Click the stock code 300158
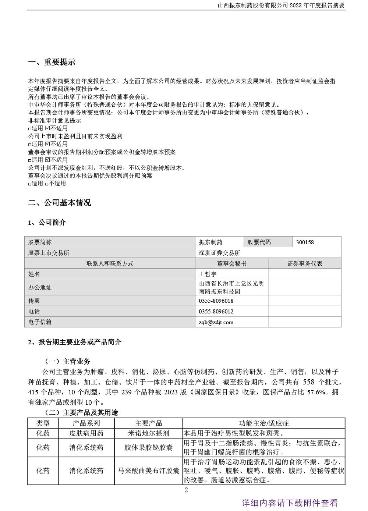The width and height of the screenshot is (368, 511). [x=305, y=242]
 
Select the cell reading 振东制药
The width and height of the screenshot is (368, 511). [x=210, y=242]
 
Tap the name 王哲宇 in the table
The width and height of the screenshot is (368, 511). [x=208, y=274]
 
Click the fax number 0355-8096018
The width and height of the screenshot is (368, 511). [x=216, y=301]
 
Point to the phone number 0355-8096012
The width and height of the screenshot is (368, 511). [x=216, y=311]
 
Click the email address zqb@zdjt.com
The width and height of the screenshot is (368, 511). [x=216, y=322]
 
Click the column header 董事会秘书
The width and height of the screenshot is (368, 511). [x=232, y=263]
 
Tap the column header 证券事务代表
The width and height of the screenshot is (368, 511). [x=304, y=263]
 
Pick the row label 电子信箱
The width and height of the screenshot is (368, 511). [x=40, y=322]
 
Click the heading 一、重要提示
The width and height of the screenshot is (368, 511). [x=52, y=62]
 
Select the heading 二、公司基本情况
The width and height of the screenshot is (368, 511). [x=59, y=202]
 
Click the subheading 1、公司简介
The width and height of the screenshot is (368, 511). [x=47, y=222]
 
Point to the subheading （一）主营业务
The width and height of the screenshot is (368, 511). [x=67, y=361]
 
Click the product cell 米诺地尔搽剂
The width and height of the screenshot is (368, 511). [x=148, y=433]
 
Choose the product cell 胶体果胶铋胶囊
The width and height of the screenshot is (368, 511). [x=148, y=447]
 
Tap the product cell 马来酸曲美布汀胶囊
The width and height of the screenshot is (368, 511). [x=148, y=471]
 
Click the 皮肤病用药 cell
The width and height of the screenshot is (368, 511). [x=86, y=433]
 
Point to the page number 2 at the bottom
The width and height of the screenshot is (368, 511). [x=186, y=490]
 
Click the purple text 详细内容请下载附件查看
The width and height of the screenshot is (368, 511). [x=289, y=503]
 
